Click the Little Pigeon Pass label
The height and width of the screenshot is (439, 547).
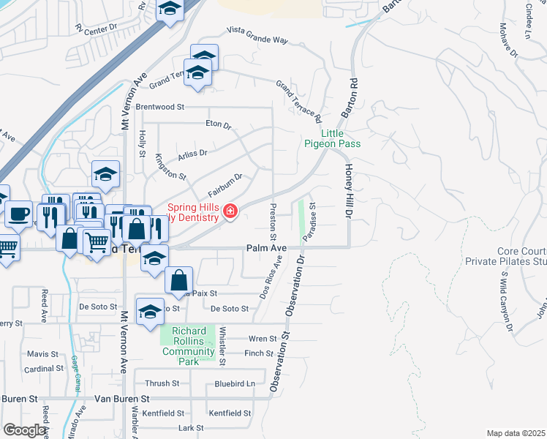point(333,138)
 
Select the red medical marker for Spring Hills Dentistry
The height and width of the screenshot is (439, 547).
point(230,212)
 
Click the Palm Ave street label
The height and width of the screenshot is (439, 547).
point(265,248)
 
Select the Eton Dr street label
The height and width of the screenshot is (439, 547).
point(218,124)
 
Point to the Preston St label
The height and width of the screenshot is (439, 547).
point(273,222)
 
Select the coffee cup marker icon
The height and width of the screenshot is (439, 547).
point(18,214)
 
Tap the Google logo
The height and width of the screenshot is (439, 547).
point(24,430)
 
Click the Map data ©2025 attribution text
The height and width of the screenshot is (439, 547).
point(516,434)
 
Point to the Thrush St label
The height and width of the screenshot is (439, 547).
point(162,383)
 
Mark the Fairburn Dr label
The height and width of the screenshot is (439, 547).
point(225,184)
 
